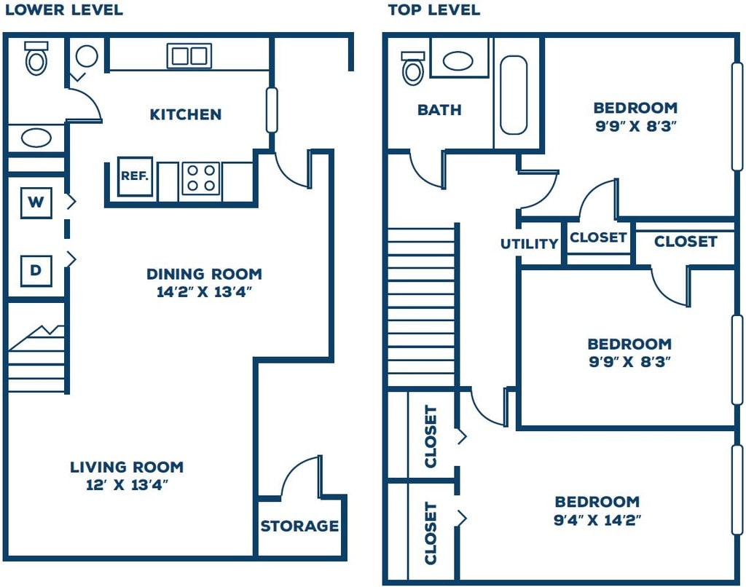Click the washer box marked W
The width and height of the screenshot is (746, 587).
(x=36, y=202)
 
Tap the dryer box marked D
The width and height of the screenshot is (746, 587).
(x=36, y=271)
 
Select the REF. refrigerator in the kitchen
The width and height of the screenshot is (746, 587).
(x=135, y=176)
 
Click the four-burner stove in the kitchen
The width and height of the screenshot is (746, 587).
(x=200, y=178)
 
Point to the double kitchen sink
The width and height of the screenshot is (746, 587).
(x=189, y=55)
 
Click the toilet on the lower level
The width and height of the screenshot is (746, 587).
(x=36, y=58)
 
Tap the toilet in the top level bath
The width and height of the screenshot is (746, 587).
(x=413, y=68)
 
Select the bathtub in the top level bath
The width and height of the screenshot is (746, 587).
(x=514, y=95)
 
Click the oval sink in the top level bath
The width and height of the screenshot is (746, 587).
(x=458, y=61)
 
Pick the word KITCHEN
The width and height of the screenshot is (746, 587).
(x=186, y=114)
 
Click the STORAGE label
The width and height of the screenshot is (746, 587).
(x=299, y=526)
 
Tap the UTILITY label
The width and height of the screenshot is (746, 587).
(x=529, y=244)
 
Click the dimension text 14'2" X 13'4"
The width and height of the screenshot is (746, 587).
(x=204, y=292)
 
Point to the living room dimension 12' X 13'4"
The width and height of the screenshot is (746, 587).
(x=127, y=485)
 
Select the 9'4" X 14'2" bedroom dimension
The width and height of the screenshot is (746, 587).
(x=597, y=520)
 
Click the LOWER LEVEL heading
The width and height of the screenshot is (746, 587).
(x=64, y=10)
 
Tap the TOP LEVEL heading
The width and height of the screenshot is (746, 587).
(x=434, y=10)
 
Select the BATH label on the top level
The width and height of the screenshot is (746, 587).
(x=439, y=110)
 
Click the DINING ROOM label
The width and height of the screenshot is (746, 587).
(x=204, y=274)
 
